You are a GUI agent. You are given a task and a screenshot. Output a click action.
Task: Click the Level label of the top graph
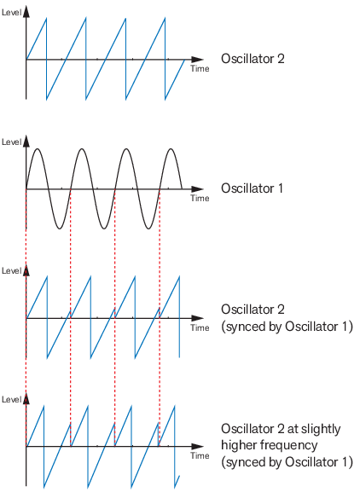tap(12, 13)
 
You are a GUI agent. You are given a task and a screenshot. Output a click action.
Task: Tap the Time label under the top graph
tap(200, 68)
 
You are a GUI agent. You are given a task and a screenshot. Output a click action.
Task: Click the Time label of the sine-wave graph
tap(200, 198)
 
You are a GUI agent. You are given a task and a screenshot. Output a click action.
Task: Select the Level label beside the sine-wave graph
tap(12, 142)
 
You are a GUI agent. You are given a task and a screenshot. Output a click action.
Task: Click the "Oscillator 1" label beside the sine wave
tap(252, 188)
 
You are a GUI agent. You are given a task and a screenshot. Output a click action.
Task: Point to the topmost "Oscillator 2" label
tap(253, 59)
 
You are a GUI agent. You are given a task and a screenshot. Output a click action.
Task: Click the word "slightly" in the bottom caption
tap(320, 429)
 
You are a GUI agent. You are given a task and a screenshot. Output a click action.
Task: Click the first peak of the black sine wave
tap(38, 148)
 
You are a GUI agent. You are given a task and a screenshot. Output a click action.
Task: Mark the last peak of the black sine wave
tap(171, 148)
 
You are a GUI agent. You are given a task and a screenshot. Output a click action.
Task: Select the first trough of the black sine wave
tap(60, 229)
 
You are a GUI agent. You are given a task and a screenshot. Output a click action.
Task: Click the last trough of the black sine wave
tap(148, 229)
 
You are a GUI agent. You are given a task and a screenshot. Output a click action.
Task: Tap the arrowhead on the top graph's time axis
tap(197, 60)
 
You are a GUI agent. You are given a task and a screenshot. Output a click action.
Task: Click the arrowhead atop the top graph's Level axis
tap(26, 11)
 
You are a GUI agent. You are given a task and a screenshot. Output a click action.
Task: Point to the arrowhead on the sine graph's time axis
tap(197, 189)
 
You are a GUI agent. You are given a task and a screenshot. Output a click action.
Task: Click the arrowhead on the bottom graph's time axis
tap(197, 446)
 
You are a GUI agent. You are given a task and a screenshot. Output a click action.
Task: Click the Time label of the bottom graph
tap(200, 455)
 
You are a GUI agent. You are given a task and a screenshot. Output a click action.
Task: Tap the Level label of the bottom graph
tap(12, 399)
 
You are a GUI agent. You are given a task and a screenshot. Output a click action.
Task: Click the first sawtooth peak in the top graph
tap(46, 19)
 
